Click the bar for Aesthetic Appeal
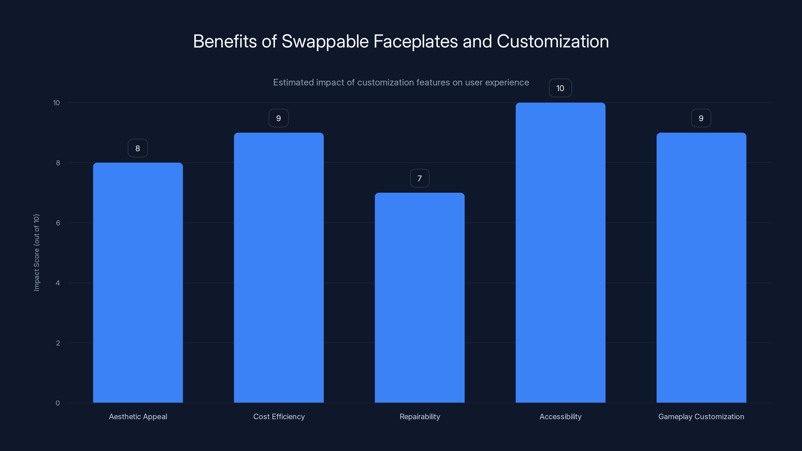[138, 283]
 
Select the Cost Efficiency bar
[279, 268]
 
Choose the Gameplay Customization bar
[701, 268]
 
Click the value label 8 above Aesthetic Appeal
[138, 148]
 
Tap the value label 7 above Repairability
[419, 178]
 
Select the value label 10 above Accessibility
[560, 88]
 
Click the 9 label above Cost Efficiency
[279, 118]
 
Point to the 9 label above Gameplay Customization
[701, 118]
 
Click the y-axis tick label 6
[58, 223]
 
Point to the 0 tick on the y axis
[58, 403]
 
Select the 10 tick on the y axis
[56, 103]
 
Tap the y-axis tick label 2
[58, 343]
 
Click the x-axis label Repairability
[420, 416]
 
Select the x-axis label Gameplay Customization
[701, 416]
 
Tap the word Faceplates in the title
[415, 41]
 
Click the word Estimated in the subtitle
[293, 82]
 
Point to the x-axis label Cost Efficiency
[279, 416]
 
